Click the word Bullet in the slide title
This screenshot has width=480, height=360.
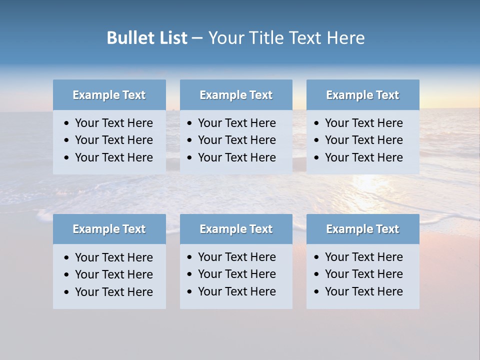127,38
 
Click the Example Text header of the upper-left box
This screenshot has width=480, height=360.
109,95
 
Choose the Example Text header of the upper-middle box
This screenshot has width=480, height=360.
236,95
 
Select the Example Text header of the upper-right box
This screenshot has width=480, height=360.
362,95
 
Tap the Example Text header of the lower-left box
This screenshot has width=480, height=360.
109,229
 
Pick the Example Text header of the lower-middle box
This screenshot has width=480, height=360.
236,229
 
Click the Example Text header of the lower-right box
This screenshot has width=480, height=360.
362,229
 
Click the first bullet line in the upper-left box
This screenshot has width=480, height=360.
113,123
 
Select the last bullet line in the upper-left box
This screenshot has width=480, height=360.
113,157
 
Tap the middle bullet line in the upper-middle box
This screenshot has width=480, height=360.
236,140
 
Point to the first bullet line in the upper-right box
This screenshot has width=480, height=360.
363,123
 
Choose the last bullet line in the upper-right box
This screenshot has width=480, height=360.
363,157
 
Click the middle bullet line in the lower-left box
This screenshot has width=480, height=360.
113,274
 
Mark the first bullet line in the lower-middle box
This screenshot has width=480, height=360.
236,257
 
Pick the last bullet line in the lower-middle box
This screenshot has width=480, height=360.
236,291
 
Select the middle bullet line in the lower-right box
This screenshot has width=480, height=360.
363,274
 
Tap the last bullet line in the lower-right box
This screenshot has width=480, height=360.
363,291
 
